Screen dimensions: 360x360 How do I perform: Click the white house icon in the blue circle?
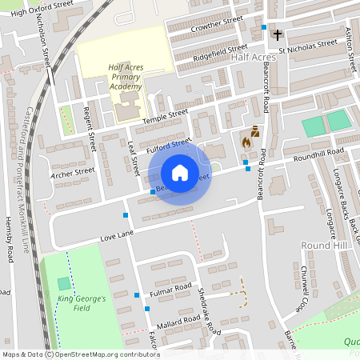(179, 173)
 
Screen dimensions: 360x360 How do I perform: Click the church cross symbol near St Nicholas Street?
(278, 35)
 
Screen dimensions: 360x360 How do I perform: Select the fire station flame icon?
(246, 142)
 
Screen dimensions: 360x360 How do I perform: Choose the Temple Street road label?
(165, 117)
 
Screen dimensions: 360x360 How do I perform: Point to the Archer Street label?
(72, 171)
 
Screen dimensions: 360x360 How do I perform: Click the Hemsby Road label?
(10, 241)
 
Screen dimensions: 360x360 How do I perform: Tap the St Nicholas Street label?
(317, 45)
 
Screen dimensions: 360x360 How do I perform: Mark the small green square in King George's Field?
(64, 284)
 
